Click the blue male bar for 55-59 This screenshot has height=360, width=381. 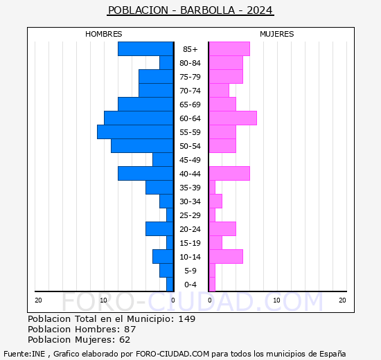[135, 132]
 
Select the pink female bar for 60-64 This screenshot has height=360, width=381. [232, 118]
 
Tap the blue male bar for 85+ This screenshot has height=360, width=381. [145, 48]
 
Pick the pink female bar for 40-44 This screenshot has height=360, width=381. [229, 173]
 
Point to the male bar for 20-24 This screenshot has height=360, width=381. [159, 228]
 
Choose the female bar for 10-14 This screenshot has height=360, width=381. [225, 256]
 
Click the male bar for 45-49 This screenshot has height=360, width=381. [163, 159]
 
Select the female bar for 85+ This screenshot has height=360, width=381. [229, 48]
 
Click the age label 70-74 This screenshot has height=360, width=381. [190, 91]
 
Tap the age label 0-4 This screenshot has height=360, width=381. [190, 285]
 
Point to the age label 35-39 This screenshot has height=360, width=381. [190, 188]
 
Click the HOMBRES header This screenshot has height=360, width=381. [104, 34]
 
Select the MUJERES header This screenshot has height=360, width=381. [276, 34]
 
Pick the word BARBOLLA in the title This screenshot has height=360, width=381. [208, 10]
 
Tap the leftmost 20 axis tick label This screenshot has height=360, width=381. [39, 300]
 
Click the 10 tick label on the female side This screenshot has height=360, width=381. [276, 300]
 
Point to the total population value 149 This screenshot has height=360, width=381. [186, 318]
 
